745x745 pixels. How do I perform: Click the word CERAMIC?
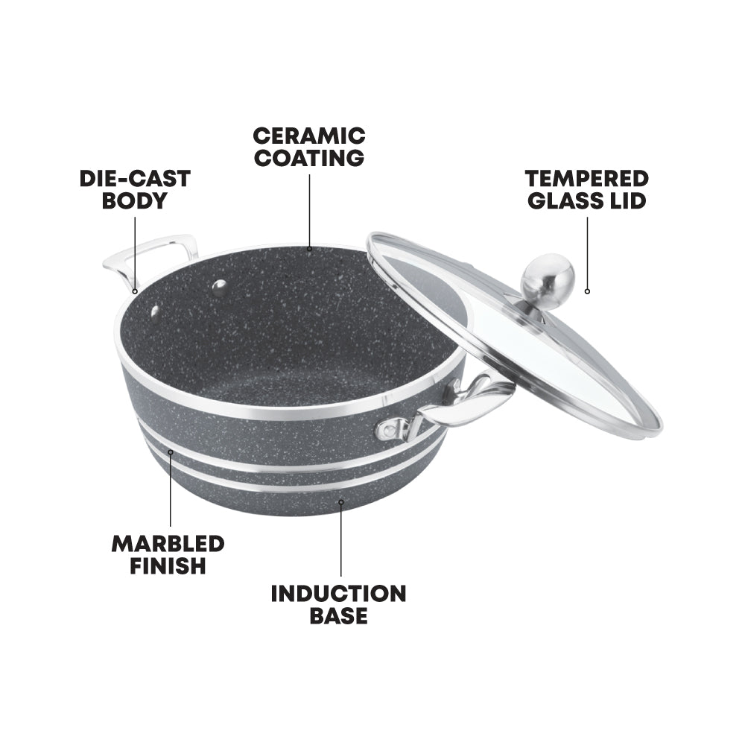[x=308, y=136]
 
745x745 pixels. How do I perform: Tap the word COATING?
[x=308, y=158]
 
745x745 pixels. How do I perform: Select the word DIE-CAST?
[x=135, y=179]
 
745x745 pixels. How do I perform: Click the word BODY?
[x=134, y=201]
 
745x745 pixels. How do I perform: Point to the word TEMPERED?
[x=586, y=179]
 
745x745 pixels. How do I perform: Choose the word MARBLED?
[x=168, y=543]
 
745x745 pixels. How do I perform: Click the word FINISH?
[x=168, y=565]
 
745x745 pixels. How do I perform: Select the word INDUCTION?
[x=338, y=594]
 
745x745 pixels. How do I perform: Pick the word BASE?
[x=339, y=616]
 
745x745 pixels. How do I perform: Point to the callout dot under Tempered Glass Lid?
[x=587, y=291]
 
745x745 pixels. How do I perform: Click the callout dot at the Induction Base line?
[x=341, y=501]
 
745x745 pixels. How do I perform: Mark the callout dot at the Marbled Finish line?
[x=171, y=452]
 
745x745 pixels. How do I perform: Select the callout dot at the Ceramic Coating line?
[x=308, y=248]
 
